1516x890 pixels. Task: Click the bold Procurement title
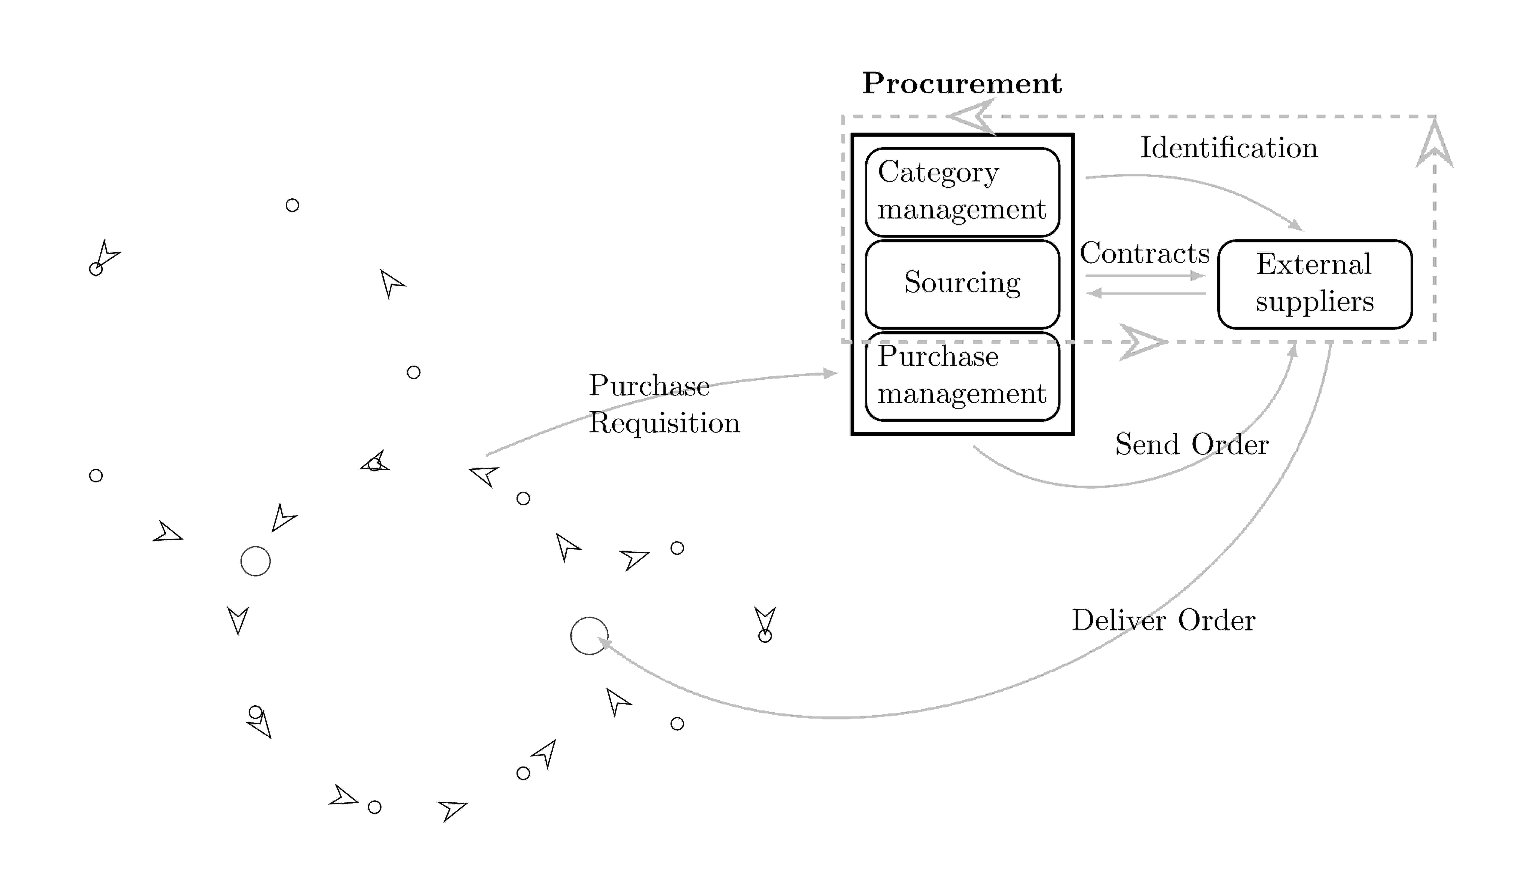coord(961,84)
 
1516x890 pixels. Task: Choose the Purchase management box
coord(962,376)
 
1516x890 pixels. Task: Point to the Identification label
coord(1229,148)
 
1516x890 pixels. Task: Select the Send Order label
coord(1192,445)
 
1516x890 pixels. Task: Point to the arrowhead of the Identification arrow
coord(1296,226)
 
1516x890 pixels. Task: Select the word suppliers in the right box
coord(1314,302)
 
